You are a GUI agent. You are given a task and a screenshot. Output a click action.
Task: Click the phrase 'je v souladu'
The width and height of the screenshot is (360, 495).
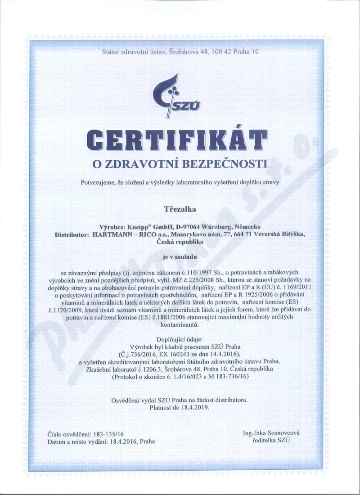180,257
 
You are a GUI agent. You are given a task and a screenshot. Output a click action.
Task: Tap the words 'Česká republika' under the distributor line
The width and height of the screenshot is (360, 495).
180,242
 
